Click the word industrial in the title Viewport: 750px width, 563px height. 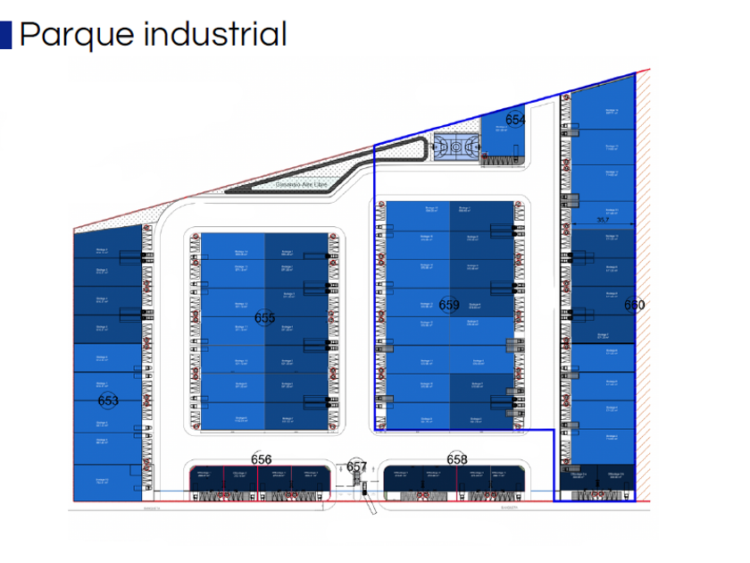[215, 35]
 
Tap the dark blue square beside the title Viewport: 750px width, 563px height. [5, 35]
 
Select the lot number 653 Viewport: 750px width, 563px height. [108, 401]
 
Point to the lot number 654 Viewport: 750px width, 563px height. [515, 120]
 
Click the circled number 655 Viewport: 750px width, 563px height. [264, 318]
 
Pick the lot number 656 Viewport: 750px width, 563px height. [261, 459]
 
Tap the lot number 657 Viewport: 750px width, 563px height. [356, 466]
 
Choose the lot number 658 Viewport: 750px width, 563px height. [456, 459]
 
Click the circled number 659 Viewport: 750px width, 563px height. [449, 306]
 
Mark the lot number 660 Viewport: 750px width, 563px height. [634, 305]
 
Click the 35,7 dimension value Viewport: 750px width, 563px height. [603, 220]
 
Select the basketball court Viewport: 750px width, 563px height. [456, 147]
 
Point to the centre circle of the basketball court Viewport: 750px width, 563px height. [456, 147]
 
